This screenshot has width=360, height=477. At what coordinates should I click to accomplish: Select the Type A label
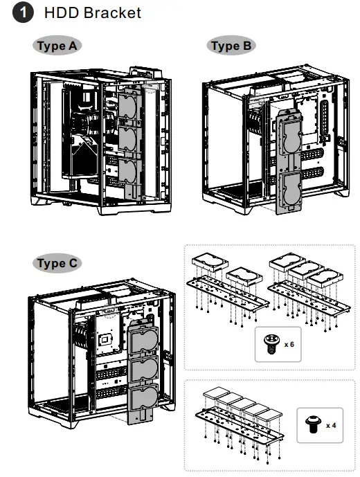tap(56, 46)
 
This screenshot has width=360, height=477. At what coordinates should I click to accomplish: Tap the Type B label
tap(231, 46)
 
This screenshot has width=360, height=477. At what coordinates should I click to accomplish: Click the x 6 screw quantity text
tap(289, 343)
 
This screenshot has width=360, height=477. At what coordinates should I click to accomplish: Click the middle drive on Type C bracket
tap(143, 370)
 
